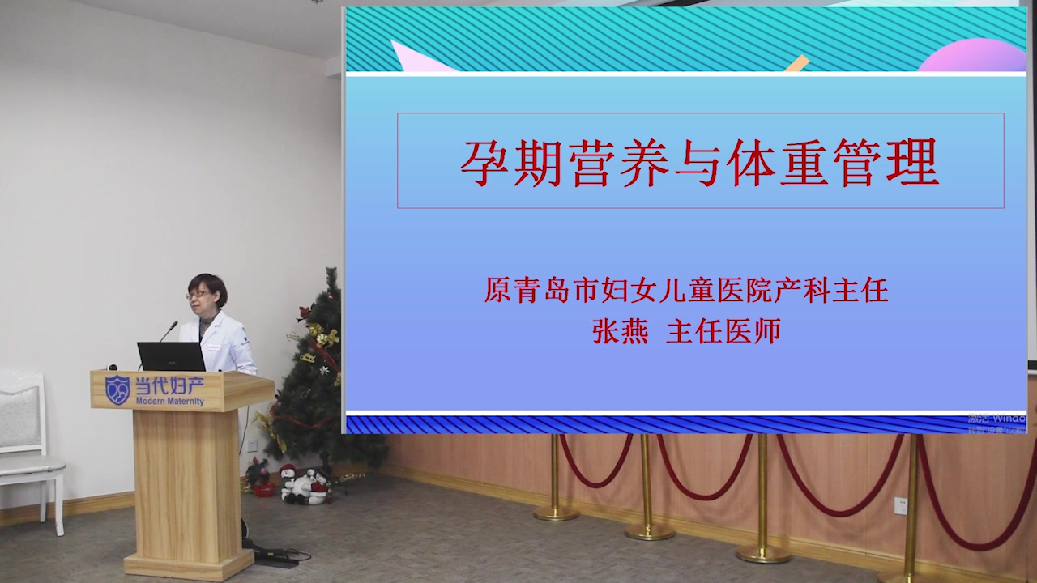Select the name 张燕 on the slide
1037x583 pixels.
[x=620, y=332]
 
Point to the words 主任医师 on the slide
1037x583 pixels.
[x=723, y=332]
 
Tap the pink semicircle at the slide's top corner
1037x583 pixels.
[x=972, y=57]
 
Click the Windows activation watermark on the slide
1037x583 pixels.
[x=996, y=423]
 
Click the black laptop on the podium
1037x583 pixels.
[x=171, y=356]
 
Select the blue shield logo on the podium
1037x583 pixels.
[x=117, y=389]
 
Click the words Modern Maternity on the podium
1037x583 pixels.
[x=170, y=402]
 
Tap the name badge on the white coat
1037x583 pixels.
[x=215, y=347]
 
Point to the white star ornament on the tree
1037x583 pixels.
[x=323, y=370]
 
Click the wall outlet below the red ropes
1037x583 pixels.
[x=900, y=505]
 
